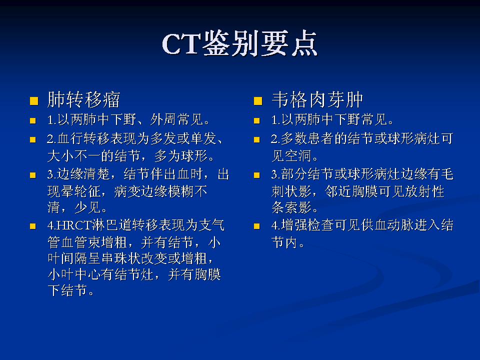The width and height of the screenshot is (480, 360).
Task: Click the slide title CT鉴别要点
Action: [240, 44]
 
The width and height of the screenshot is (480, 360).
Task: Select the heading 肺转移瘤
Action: [83, 100]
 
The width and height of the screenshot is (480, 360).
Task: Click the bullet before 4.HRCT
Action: [33, 226]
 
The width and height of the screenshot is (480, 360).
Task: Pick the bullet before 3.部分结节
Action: [258, 175]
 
